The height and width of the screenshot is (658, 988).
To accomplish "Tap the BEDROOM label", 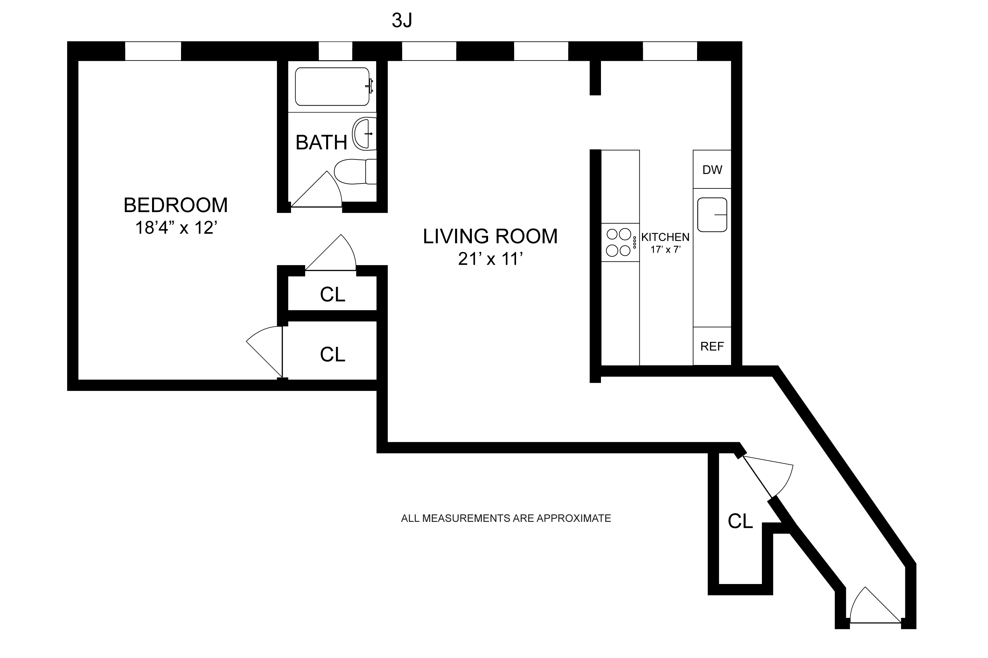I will [x=175, y=205].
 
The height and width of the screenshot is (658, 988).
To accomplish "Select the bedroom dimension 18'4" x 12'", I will [x=175, y=228].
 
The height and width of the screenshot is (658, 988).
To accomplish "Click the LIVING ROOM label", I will [x=490, y=236].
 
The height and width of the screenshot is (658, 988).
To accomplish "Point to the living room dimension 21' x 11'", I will [x=490, y=259].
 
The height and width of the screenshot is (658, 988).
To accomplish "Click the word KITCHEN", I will [x=665, y=237].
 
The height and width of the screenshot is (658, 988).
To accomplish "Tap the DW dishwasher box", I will [x=712, y=170].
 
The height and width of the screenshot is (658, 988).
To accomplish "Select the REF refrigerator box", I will [x=712, y=346].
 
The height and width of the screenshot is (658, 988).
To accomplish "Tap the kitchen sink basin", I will [x=712, y=215].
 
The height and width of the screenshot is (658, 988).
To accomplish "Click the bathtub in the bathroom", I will [x=332, y=87].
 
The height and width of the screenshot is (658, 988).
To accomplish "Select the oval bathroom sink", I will [x=363, y=134].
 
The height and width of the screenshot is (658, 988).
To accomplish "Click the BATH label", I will [x=321, y=143].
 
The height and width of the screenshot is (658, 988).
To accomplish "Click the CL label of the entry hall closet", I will [x=740, y=521].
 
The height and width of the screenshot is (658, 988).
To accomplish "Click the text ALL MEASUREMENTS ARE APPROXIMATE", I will [x=506, y=518].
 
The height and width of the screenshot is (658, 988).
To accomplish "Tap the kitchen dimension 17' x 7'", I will [x=665, y=250].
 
